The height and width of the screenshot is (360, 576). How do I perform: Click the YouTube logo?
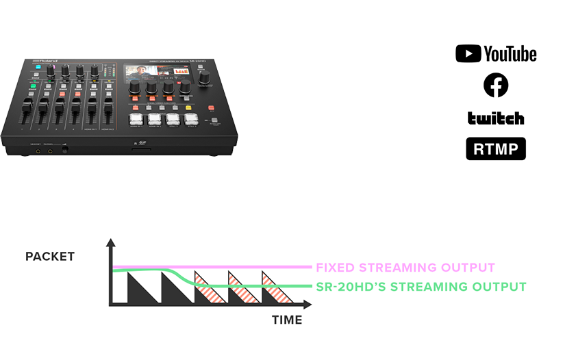[x=496, y=54]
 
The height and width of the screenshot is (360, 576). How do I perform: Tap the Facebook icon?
[x=496, y=86]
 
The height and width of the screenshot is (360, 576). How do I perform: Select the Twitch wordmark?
[x=496, y=118]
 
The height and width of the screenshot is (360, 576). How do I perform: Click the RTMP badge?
[x=496, y=149]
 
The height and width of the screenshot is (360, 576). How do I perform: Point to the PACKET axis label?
[x=50, y=257]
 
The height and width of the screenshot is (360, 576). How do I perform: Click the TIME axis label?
[x=287, y=320]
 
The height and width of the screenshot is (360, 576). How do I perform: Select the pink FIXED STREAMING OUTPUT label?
[x=405, y=268]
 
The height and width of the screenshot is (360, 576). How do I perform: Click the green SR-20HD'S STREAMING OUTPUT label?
[x=421, y=287]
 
